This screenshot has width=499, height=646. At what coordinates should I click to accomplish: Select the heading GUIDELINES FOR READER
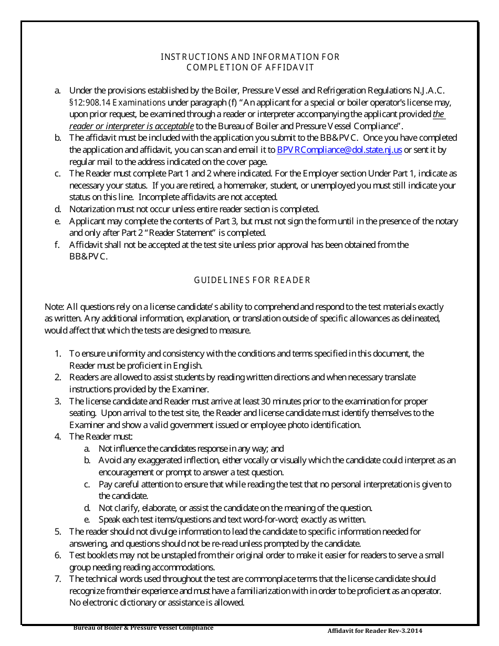tap(252, 280)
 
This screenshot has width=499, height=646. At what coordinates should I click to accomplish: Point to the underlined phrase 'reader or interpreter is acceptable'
tap(132, 126)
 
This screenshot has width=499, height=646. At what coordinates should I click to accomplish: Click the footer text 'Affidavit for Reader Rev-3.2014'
tap(375, 631)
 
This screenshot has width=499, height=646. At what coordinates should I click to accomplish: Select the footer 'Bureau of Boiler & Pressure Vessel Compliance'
tap(143, 628)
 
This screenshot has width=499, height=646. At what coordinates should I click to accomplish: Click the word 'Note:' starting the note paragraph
tap(54, 307)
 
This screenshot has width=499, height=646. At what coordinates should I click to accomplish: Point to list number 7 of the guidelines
tap(58, 579)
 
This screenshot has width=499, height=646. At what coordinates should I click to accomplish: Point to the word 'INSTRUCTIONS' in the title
tap(188, 57)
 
